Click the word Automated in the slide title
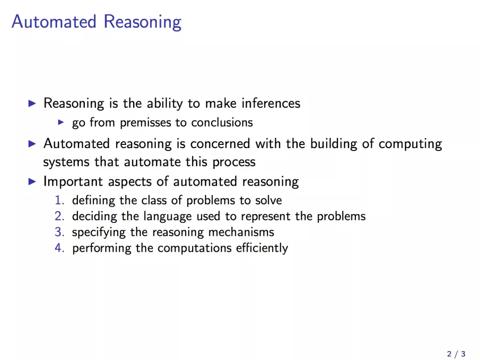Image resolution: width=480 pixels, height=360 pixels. tap(54, 22)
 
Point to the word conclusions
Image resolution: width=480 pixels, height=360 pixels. tap(222, 122)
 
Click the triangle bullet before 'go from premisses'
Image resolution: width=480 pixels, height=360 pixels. tap(61, 122)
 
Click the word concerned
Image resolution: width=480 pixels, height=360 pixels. tap(220, 143)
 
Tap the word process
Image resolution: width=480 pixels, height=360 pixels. tap(234, 162)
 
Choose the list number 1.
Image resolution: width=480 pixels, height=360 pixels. tap(60, 200)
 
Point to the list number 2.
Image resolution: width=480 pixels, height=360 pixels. tap(60, 216)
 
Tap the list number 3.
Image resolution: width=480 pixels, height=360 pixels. tap(60, 232)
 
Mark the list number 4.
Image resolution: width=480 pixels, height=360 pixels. tap(60, 248)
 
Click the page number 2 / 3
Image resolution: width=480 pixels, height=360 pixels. tap(456, 354)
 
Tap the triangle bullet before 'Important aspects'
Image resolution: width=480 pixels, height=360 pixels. tap(32, 181)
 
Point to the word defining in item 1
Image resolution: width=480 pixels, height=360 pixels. tap(94, 201)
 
